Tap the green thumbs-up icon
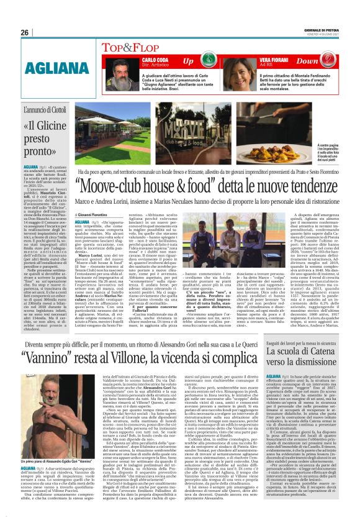pos(212,61)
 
